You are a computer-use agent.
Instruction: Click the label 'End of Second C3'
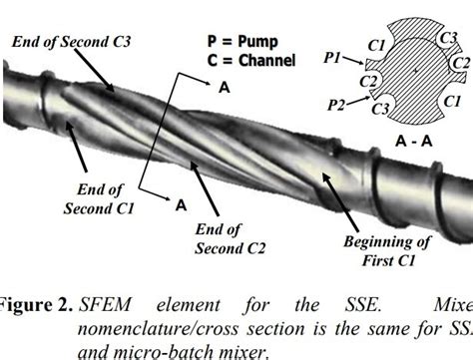pyautogui.click(x=71, y=42)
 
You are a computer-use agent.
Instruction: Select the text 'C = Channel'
pyautogui.click(x=251, y=61)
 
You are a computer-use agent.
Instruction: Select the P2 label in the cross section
pyautogui.click(x=339, y=103)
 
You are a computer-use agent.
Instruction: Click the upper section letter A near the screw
pyautogui.click(x=224, y=89)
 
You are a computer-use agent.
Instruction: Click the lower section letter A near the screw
pyautogui.click(x=182, y=205)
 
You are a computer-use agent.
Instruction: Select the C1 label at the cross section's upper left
pyautogui.click(x=376, y=46)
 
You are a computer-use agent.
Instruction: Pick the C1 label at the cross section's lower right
pyautogui.click(x=451, y=101)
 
